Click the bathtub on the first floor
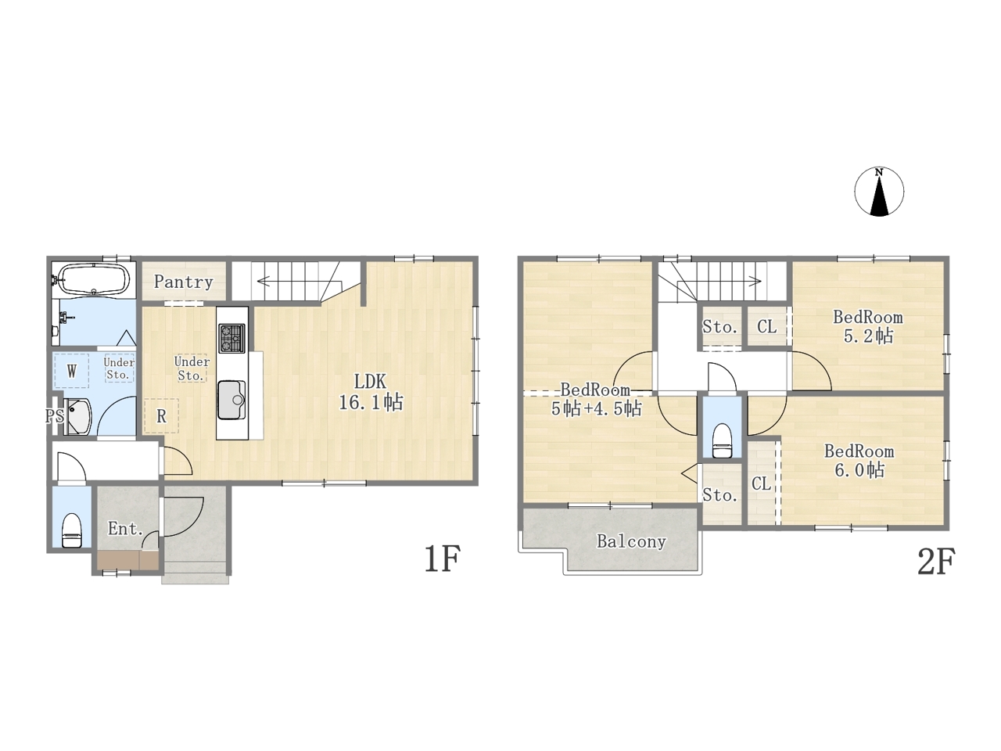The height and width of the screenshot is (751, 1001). [x=95, y=280]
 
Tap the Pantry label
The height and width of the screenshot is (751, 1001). [x=183, y=282]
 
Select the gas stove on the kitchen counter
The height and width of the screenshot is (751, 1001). [x=232, y=338]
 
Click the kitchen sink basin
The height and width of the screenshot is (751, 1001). [x=231, y=400]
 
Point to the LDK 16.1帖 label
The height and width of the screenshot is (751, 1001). [x=371, y=392]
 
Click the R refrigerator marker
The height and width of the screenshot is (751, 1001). [x=161, y=416]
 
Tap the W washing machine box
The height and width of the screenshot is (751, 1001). [x=72, y=371]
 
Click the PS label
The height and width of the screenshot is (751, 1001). [x=54, y=415]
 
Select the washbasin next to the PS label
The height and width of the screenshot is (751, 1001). [x=77, y=416]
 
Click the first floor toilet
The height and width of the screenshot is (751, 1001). [x=72, y=530]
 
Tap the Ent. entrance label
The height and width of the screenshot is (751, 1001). [x=126, y=529]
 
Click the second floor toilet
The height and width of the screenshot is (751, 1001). [x=722, y=440]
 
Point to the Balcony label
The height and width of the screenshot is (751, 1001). [x=632, y=541]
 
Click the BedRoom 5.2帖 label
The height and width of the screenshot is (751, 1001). [x=868, y=327]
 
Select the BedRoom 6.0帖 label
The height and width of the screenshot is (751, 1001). [x=859, y=461]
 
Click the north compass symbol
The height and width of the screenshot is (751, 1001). [x=879, y=191]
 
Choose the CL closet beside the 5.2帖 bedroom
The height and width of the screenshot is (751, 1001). [x=767, y=326]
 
